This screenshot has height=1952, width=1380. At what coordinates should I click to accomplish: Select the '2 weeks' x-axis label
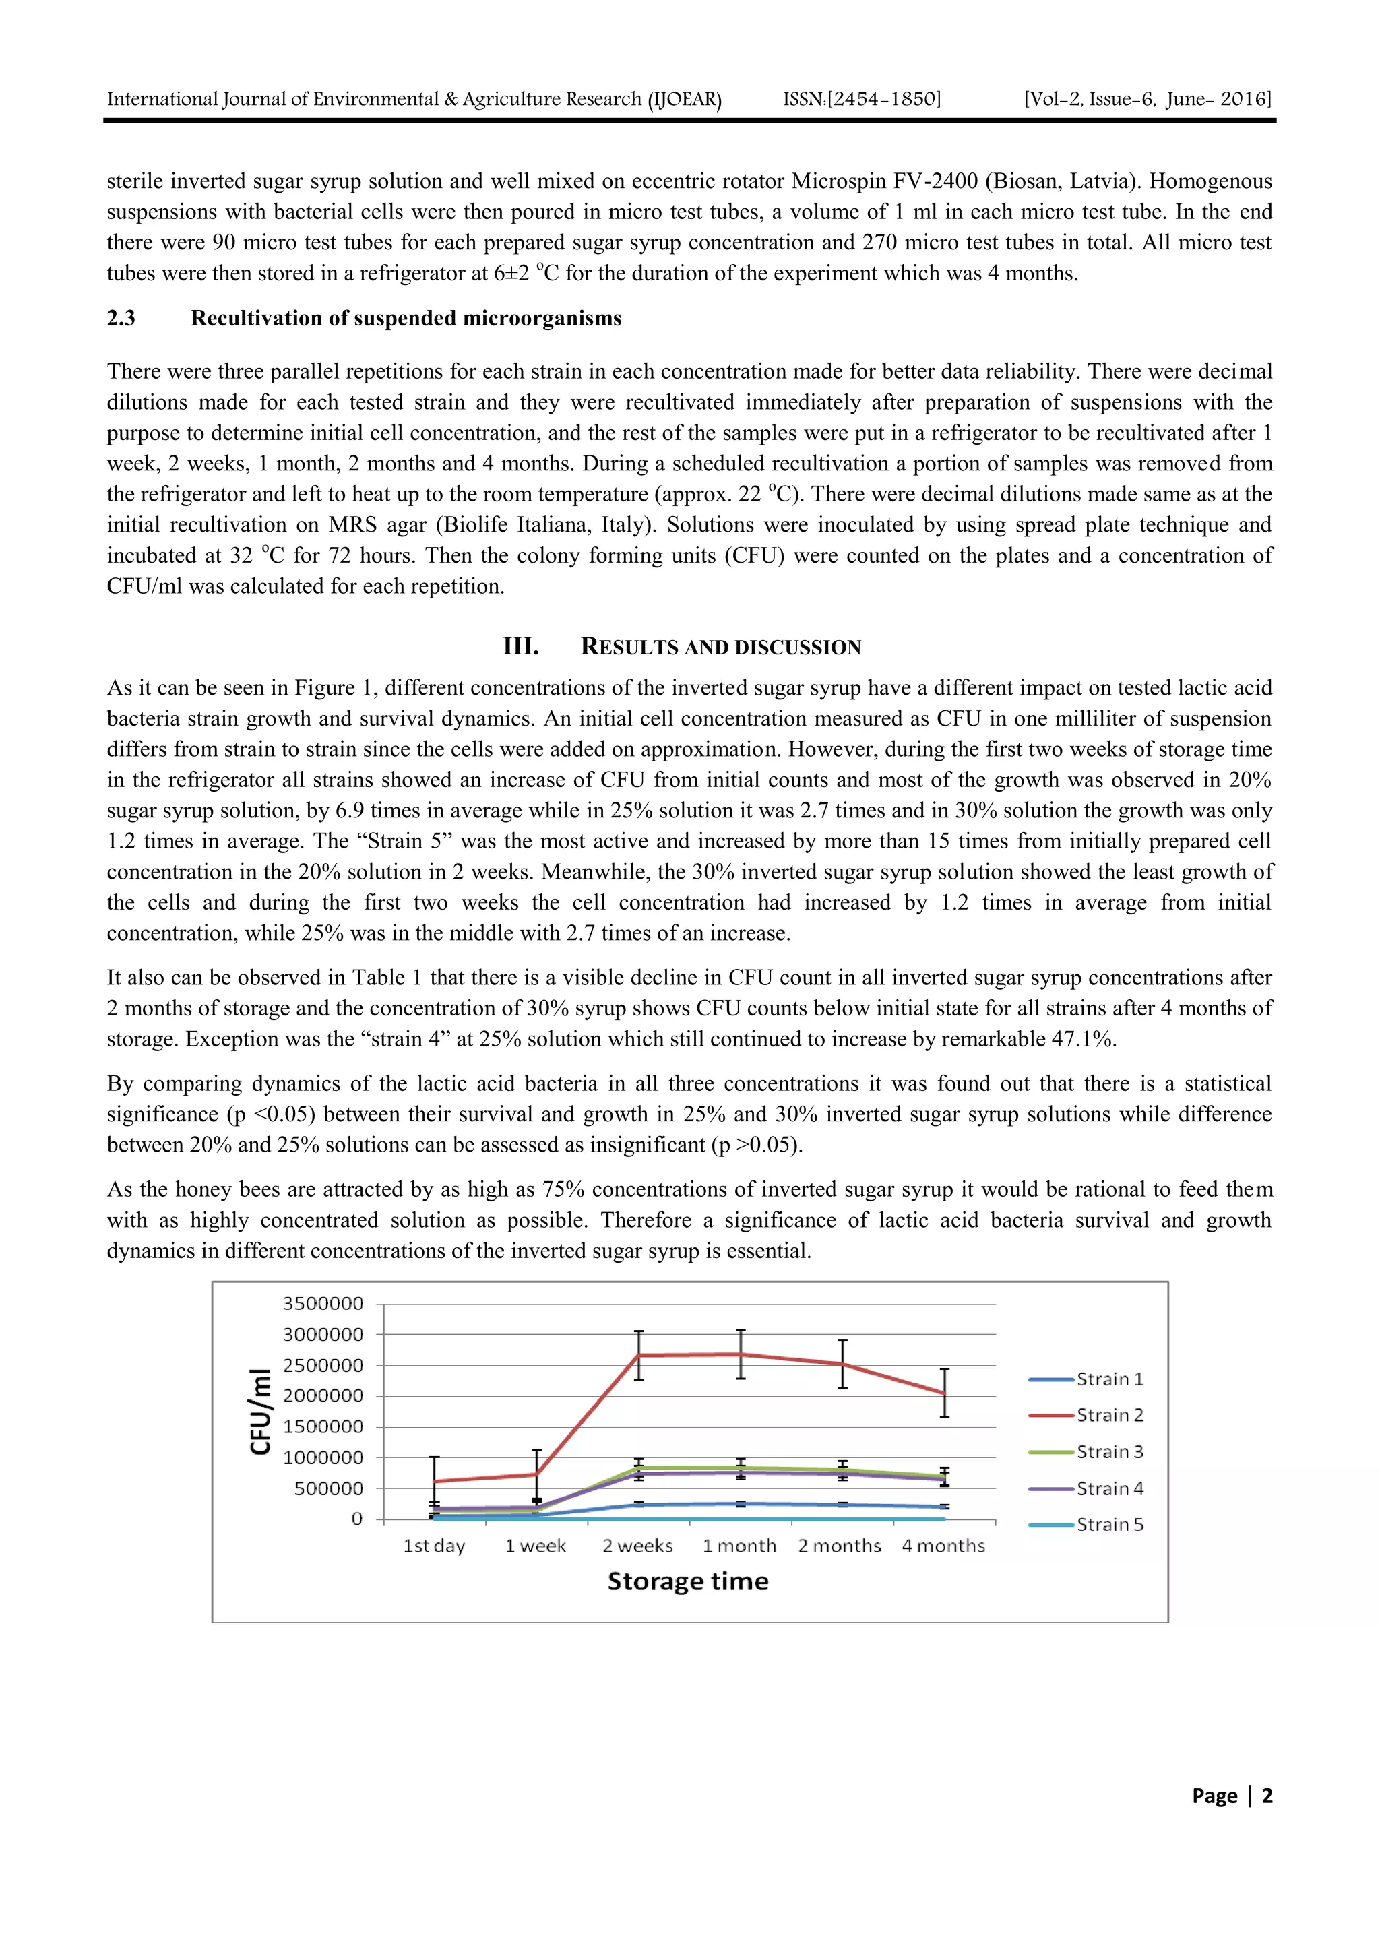(x=637, y=1546)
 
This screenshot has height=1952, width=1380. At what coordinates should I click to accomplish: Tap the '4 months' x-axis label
(x=943, y=1546)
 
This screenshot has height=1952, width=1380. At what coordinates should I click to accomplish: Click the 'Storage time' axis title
(x=688, y=1581)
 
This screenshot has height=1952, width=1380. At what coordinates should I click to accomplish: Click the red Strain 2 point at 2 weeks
(x=639, y=1355)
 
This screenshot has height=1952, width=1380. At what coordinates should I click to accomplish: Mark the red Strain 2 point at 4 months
(x=944, y=1393)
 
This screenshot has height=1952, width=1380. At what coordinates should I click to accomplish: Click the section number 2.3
(x=121, y=318)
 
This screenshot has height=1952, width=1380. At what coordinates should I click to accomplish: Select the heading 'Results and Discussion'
(x=720, y=647)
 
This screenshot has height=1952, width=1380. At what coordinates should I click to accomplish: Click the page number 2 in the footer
(x=1266, y=1796)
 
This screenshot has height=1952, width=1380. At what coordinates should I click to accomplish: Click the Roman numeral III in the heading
(x=520, y=646)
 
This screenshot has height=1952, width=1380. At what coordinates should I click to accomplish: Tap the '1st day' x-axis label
(x=434, y=1546)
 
